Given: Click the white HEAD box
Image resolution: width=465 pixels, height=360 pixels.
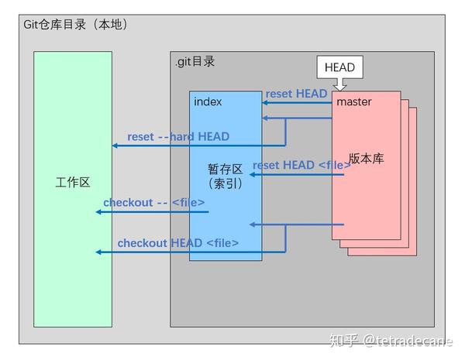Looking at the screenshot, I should [339, 67].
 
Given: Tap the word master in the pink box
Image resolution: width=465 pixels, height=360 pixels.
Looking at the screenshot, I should [353, 101].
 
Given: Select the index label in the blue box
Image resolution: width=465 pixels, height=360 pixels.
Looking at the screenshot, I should [208, 101].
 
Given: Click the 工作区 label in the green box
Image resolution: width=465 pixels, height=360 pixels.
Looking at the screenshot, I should [74, 183].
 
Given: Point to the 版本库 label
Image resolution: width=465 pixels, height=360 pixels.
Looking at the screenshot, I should [366, 158].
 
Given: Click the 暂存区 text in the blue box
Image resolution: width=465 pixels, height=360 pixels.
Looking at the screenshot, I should [226, 168].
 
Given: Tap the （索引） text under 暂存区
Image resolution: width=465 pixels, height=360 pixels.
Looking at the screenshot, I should [226, 184].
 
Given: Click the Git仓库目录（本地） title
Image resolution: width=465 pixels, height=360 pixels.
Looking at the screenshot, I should [75, 25].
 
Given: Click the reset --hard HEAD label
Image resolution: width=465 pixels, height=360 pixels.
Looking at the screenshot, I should [178, 136].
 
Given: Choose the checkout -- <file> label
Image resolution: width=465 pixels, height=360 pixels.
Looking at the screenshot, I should [153, 203].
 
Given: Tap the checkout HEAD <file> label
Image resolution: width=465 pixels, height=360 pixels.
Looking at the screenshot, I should [177, 243].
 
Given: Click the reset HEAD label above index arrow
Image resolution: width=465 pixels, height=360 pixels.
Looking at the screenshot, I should [296, 94].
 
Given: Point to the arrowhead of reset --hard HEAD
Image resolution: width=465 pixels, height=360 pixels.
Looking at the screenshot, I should [115, 146].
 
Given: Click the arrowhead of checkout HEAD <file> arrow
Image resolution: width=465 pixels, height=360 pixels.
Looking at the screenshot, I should [98, 252].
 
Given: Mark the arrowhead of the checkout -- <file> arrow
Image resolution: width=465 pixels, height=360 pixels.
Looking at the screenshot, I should [98, 211].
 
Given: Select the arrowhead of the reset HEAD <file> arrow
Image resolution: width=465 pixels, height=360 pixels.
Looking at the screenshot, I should [251, 175].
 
